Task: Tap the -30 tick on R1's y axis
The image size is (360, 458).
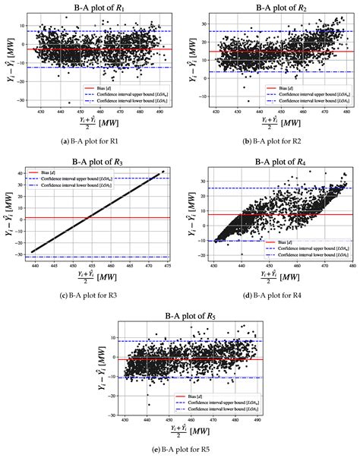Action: pos(16,100)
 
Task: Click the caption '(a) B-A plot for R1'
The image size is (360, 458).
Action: pos(90,142)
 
